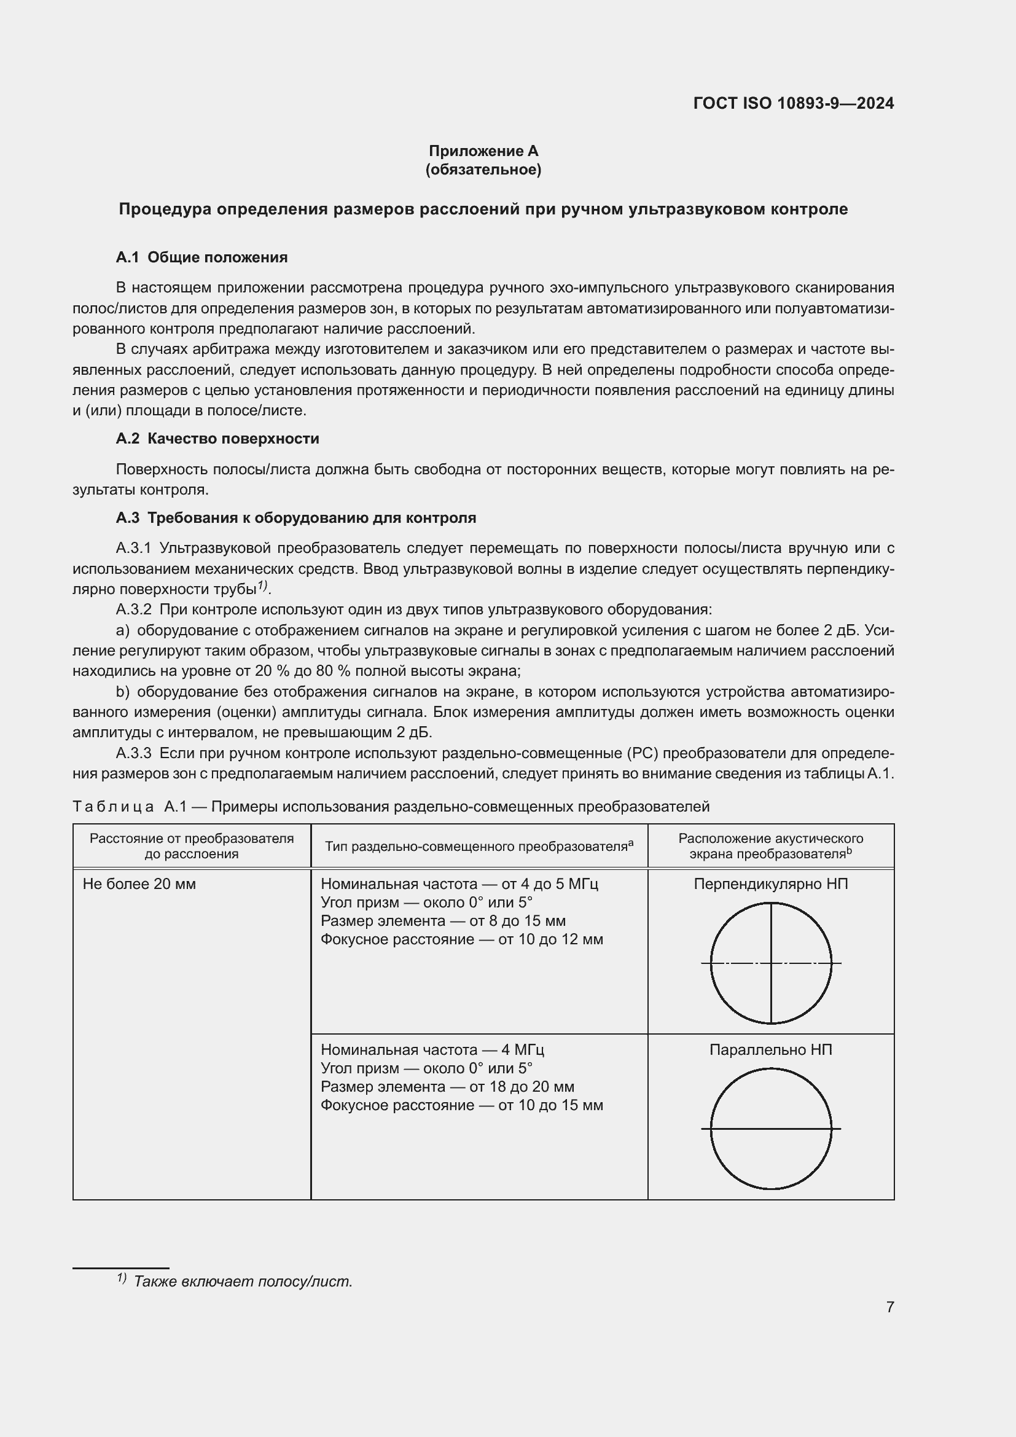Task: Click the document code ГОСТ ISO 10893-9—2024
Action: pyautogui.click(x=793, y=103)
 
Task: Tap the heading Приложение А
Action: pyautogui.click(x=483, y=151)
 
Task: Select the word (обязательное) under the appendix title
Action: pyautogui.click(x=483, y=170)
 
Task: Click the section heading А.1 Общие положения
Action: pyautogui.click(x=201, y=257)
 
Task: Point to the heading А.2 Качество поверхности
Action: pyautogui.click(x=217, y=439)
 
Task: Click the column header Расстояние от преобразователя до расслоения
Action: pyautogui.click(x=192, y=846)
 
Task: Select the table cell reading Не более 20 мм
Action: pyautogui.click(x=139, y=884)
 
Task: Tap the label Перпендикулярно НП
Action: pyautogui.click(x=771, y=884)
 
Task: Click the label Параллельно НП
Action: pyautogui.click(x=771, y=1049)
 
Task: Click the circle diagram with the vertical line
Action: pyautogui.click(x=771, y=963)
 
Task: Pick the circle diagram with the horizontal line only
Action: pyautogui.click(x=771, y=1129)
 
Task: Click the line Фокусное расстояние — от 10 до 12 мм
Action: pyautogui.click(x=462, y=939)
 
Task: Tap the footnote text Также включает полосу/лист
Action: pyautogui.click(x=243, y=1281)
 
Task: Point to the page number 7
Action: pyautogui.click(x=889, y=1307)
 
